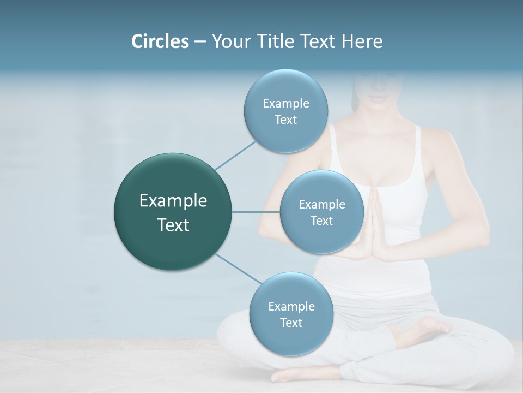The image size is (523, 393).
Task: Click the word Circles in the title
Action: tap(160, 41)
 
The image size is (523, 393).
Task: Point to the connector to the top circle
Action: tap(235, 156)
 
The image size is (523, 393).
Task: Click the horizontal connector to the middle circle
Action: tap(256, 212)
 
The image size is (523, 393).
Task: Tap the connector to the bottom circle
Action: tap(238, 269)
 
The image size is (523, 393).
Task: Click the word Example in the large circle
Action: tap(173, 201)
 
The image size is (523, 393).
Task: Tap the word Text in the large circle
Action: tap(173, 225)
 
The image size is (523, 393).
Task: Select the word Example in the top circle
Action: tap(285, 103)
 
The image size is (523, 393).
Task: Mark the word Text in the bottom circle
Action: tap(291, 323)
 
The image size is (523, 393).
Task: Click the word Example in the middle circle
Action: tap(321, 204)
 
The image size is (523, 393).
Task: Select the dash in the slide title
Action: tap(199, 42)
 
